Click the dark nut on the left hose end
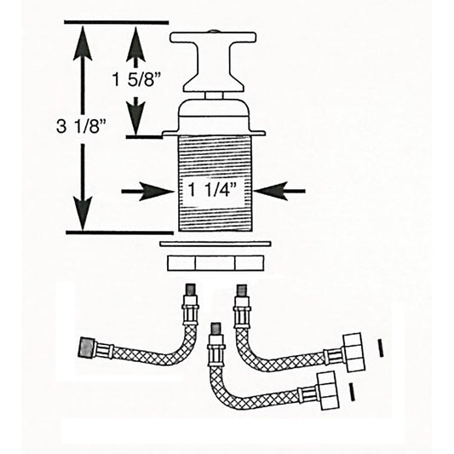(x=87, y=348)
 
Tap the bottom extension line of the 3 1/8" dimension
(x=119, y=231)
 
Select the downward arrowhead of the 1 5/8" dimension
(x=135, y=119)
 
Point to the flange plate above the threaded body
(x=216, y=134)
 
